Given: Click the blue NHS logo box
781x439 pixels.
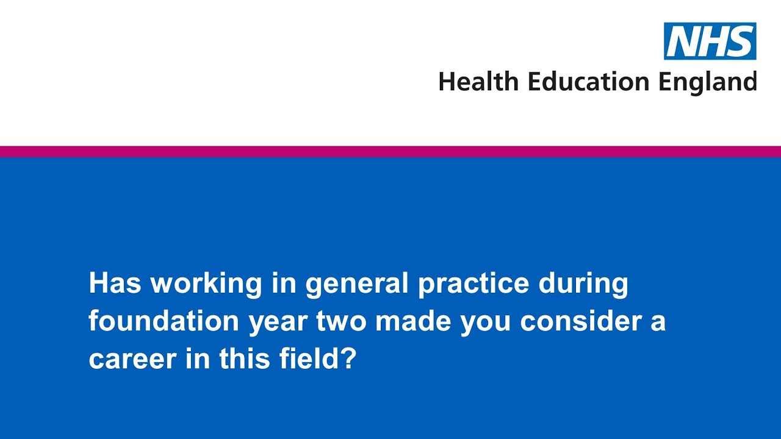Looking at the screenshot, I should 710,41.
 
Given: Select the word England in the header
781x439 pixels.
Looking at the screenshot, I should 707,82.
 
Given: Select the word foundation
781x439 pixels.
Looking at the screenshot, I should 164,321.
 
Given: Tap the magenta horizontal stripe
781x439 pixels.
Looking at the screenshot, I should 390,151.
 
